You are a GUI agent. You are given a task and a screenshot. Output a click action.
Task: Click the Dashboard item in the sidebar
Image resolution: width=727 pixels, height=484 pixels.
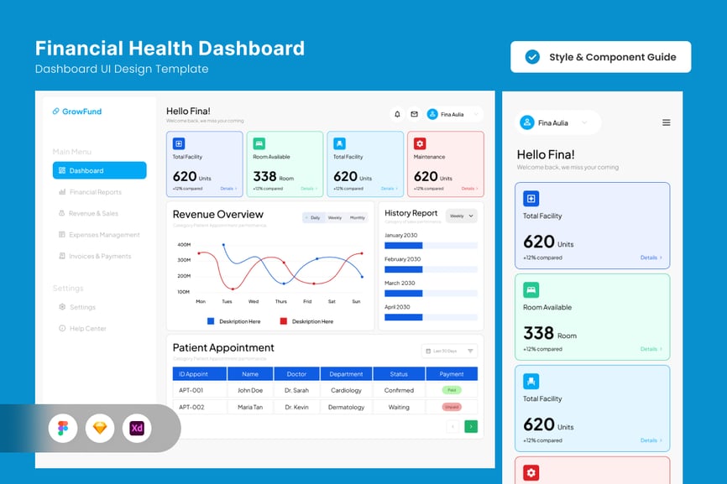click(x=99, y=171)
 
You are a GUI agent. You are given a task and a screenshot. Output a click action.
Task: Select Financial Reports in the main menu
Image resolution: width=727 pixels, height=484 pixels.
click(x=95, y=192)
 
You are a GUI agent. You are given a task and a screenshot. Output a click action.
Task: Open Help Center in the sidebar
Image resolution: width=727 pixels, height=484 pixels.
click(x=87, y=329)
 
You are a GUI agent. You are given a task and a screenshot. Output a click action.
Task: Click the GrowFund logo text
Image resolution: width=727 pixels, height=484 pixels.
click(x=81, y=112)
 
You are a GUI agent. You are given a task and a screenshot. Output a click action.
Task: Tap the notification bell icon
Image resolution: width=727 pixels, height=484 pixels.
click(x=397, y=114)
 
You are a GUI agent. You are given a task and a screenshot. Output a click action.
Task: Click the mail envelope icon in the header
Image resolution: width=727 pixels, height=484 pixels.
click(x=414, y=114)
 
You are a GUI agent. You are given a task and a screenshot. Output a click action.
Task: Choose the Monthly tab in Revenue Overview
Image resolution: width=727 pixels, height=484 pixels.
click(x=358, y=218)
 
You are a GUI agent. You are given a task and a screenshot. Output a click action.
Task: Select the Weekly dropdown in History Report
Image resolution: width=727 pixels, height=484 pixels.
click(x=462, y=216)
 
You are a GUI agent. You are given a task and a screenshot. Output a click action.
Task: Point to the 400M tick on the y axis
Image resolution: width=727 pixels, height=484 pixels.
click(x=183, y=245)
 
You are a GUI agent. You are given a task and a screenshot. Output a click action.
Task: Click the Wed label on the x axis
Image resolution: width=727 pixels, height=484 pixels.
click(x=254, y=301)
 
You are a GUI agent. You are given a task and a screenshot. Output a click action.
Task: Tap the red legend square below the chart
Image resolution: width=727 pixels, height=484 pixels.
click(x=284, y=321)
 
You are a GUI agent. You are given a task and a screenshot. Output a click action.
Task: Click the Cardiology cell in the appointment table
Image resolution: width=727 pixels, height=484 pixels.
click(x=346, y=390)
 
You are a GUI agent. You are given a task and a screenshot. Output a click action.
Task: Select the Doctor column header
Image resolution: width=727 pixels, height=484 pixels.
click(x=296, y=374)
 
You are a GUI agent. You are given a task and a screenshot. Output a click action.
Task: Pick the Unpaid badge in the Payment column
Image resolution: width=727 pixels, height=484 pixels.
click(x=452, y=407)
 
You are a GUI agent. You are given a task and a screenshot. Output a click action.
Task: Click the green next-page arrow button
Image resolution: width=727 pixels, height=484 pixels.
click(x=471, y=427)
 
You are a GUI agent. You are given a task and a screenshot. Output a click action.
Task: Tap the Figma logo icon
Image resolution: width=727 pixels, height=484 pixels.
click(x=63, y=429)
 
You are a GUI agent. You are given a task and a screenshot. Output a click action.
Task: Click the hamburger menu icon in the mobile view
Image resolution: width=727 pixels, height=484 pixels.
click(x=667, y=122)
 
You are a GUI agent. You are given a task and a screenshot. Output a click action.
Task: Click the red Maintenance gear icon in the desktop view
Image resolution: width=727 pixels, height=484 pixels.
click(x=420, y=143)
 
